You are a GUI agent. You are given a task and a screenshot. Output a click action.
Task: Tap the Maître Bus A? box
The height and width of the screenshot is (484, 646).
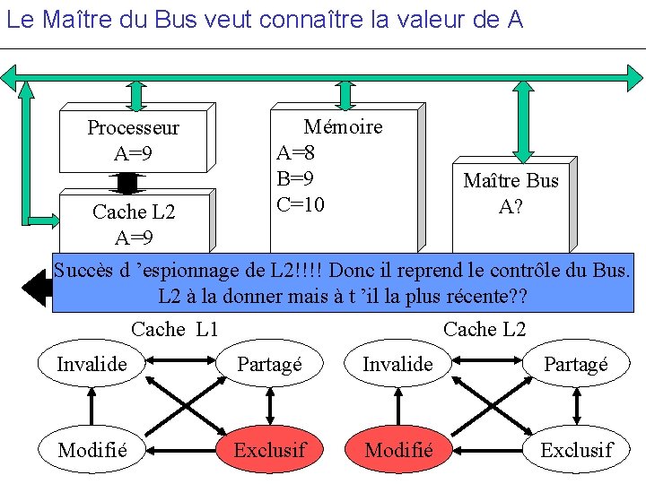click(x=511, y=194)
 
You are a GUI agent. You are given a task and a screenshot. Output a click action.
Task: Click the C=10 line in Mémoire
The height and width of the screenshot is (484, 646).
click(x=300, y=204)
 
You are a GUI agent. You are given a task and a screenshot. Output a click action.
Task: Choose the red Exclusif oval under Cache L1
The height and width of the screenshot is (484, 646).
click(x=269, y=449)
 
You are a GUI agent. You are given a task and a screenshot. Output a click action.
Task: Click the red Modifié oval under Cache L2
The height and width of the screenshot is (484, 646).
click(x=398, y=449)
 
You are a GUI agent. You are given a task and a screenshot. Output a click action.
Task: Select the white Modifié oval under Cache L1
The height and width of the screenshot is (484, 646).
click(x=92, y=449)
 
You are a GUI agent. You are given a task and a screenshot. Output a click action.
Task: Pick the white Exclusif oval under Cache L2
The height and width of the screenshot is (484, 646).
click(x=577, y=449)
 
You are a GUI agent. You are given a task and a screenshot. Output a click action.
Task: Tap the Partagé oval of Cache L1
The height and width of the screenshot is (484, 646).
click(x=269, y=364)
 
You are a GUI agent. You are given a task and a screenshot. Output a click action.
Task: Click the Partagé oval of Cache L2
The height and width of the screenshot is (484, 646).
click(x=577, y=364)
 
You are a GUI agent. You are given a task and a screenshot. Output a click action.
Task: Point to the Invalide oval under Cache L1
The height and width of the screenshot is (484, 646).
click(x=92, y=364)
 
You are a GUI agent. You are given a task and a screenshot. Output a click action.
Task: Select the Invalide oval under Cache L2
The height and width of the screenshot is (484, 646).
click(x=397, y=364)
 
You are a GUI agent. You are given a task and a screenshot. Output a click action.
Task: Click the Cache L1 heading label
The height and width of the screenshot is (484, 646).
click(x=175, y=329)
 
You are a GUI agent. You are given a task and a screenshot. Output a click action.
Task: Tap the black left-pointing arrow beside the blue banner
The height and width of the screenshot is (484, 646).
click(x=36, y=287)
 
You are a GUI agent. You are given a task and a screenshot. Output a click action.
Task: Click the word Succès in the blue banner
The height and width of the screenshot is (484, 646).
click(x=85, y=269)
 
